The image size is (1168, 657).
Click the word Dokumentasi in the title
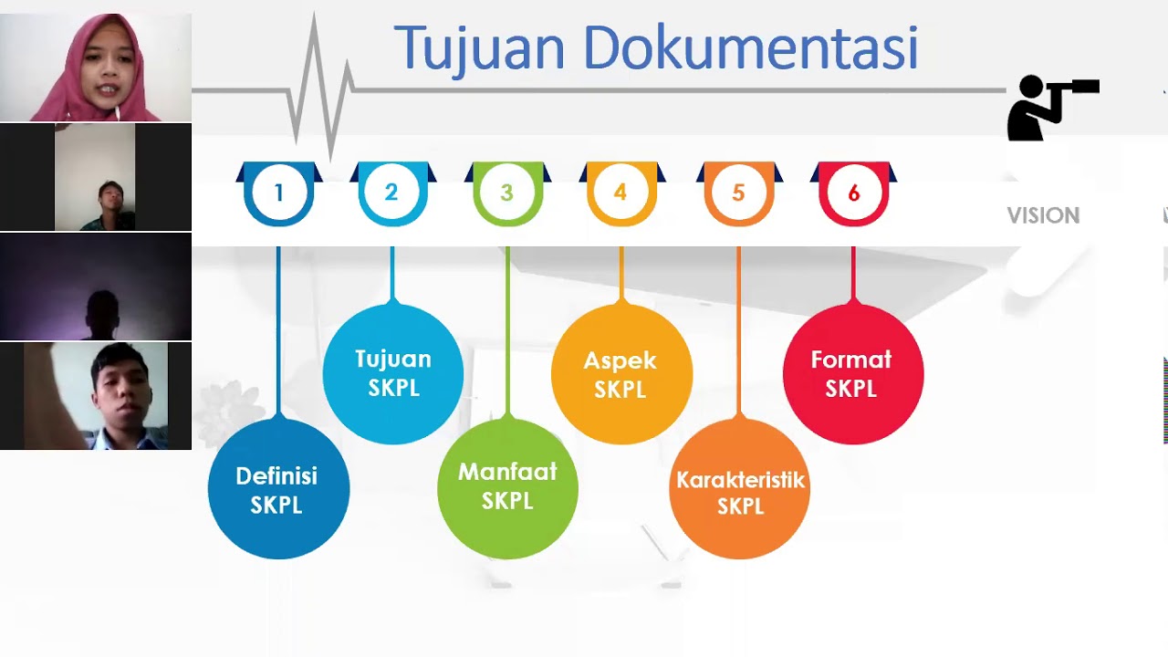coord(750,48)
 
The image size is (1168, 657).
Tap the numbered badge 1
coord(278,193)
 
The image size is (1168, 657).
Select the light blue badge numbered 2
coord(391,193)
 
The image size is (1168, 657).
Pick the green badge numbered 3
coord(506,193)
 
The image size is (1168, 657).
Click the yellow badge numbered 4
coord(620,193)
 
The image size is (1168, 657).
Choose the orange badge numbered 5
coord(738,193)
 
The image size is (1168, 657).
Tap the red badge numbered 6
coord(853,193)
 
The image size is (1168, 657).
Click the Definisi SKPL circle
coord(277,489)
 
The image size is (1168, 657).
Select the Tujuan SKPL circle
coord(393,373)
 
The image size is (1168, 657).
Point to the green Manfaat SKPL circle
coord(507,486)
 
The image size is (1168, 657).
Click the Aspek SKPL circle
coord(620,374)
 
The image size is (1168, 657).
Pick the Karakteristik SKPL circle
coord(739,491)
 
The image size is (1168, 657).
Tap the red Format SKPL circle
coord(852,373)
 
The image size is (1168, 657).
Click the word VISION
coord(1043,215)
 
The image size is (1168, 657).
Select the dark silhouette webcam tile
coord(96,287)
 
